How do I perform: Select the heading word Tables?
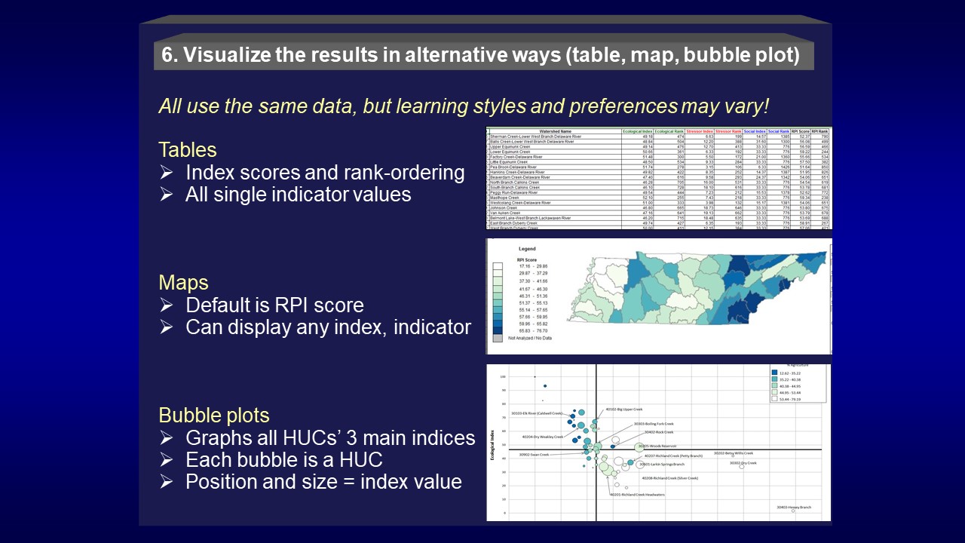click(x=188, y=149)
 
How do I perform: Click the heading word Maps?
click(x=183, y=283)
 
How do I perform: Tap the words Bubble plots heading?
click(x=214, y=416)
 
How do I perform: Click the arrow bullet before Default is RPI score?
click(x=167, y=305)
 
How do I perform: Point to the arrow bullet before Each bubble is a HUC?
click(x=167, y=460)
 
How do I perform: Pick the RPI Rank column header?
click(x=819, y=130)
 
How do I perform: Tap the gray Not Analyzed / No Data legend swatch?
click(x=497, y=339)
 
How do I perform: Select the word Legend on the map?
click(x=527, y=248)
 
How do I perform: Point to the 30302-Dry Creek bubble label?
click(x=743, y=463)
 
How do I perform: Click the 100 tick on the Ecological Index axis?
click(x=502, y=376)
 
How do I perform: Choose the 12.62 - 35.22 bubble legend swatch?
click(x=775, y=372)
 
